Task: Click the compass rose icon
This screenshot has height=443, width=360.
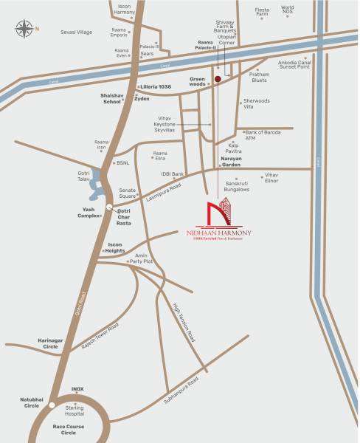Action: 24,30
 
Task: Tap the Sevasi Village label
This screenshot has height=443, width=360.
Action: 76,32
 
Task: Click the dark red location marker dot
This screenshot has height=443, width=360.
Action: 217,79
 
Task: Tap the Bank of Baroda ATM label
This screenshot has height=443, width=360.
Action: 260,135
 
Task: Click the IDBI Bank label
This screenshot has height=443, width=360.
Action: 172,174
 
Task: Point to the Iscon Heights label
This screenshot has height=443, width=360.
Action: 115,247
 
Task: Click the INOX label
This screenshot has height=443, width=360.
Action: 77,388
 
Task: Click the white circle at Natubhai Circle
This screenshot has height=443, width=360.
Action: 51,405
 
